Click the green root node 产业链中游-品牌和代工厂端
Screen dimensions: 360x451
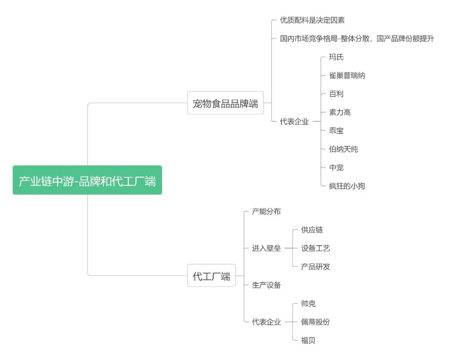point(87,180)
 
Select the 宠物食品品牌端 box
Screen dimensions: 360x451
point(225,103)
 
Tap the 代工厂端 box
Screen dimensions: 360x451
point(211,276)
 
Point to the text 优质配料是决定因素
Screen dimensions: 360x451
point(312,20)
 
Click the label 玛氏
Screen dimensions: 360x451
point(336,57)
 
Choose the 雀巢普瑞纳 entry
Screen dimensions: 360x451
point(347,76)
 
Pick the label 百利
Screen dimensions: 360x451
point(336,94)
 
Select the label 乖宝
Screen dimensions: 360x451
point(336,131)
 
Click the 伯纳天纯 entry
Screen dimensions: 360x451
point(343,149)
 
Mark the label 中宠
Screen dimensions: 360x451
point(336,168)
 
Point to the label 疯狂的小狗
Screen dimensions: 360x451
point(347,186)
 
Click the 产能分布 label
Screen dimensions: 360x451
point(266,211)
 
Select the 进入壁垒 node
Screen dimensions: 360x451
point(266,248)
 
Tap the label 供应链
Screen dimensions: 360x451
point(312,230)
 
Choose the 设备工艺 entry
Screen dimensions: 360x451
point(315,248)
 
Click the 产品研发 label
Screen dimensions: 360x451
point(315,267)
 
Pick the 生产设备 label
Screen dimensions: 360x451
point(266,285)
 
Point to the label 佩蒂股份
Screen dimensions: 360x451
point(315,322)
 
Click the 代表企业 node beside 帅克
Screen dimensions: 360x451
point(266,322)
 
